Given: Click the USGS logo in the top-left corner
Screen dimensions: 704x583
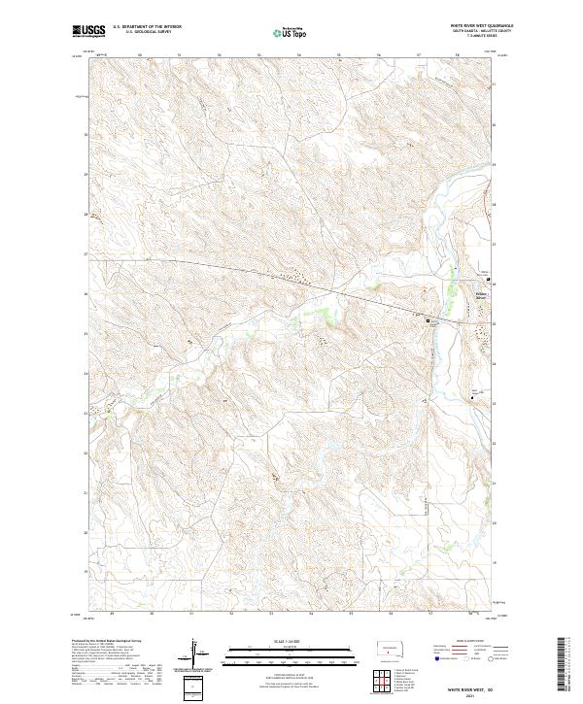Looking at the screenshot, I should point(90,31).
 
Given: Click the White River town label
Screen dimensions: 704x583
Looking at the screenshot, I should point(483,296).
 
